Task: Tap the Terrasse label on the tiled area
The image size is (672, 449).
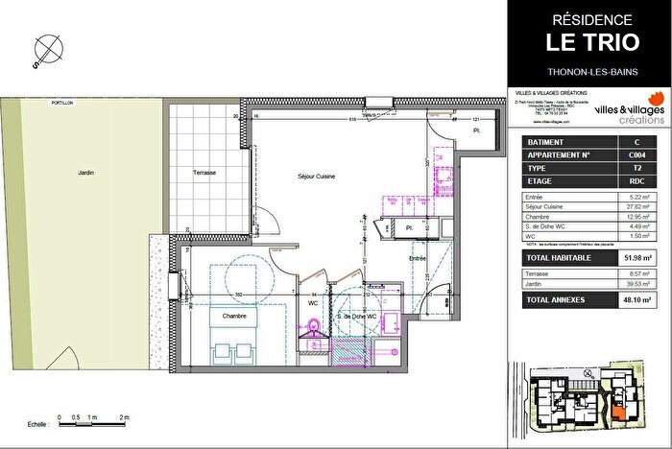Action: point(204,173)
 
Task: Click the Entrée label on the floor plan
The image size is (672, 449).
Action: point(418,259)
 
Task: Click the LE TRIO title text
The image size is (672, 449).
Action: point(589,42)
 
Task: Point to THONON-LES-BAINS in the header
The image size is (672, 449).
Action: point(589,69)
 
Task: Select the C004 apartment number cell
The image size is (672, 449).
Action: point(636,154)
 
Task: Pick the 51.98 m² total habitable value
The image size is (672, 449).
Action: point(635,258)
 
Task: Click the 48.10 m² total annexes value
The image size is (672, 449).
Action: point(635,300)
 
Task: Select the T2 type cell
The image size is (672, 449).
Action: point(636,167)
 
